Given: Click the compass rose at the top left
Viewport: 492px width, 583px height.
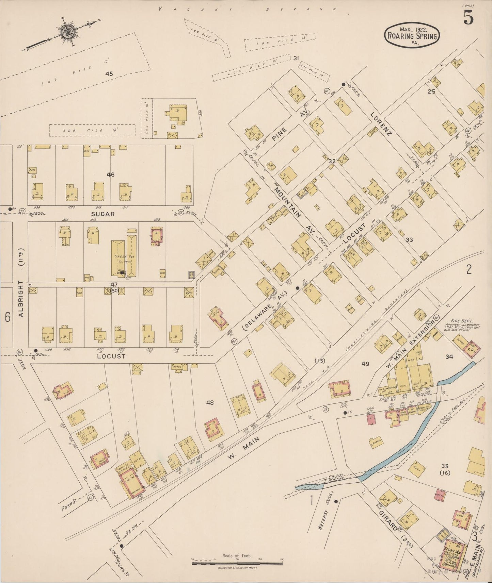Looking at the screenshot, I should tap(65, 33).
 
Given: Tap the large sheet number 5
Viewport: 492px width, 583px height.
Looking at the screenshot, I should tap(468, 19).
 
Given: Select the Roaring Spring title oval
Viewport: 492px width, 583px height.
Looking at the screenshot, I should tap(412, 35).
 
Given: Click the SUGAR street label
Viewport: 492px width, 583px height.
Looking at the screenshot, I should tap(103, 214).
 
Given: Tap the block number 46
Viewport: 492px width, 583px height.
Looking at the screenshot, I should tap(110, 175).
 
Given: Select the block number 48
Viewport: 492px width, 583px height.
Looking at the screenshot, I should tap(210, 403).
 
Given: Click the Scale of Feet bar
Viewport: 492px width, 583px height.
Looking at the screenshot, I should tap(237, 564).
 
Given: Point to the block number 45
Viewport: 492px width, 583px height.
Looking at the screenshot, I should tap(109, 73).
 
